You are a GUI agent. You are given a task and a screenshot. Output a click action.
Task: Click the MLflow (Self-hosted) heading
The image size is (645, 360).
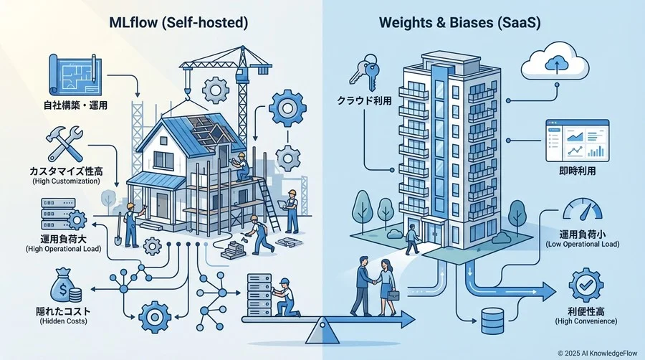pos(178,22)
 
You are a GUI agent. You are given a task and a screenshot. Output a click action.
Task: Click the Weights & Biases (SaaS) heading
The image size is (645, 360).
pos(460,22)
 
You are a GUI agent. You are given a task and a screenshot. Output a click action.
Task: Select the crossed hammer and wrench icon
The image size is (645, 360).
pos(64,143)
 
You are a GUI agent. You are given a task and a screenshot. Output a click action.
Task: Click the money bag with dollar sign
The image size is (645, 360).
pos(65,285)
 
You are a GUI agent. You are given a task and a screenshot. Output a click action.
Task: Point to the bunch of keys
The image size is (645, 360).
pos(364,71)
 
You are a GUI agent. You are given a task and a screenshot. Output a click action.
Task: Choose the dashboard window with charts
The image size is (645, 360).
pos(577,141)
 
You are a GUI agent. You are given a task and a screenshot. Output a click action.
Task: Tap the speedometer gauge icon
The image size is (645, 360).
pos(582,210)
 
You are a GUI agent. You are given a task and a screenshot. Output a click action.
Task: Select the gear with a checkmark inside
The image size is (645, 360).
pos(586,285)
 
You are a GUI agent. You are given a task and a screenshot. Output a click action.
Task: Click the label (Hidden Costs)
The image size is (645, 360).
pos(63,321)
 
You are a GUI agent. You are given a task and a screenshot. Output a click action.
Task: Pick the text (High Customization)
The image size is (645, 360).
pos(66,181)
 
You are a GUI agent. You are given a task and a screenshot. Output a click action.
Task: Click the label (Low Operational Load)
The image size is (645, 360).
pos(583,245)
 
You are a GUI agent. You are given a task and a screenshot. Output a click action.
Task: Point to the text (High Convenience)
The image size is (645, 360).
pos(586,321)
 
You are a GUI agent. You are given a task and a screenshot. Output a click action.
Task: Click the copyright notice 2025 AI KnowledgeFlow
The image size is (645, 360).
pos(598,353)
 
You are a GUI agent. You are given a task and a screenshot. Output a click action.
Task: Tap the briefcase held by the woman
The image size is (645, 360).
pos(393,295)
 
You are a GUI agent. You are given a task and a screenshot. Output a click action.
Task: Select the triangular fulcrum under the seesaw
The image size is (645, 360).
pos(322,332)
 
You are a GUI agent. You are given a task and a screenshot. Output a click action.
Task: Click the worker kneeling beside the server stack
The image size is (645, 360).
pos(287,298)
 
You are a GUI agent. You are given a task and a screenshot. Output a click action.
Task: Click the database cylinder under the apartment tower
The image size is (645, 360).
pos(492,321)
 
